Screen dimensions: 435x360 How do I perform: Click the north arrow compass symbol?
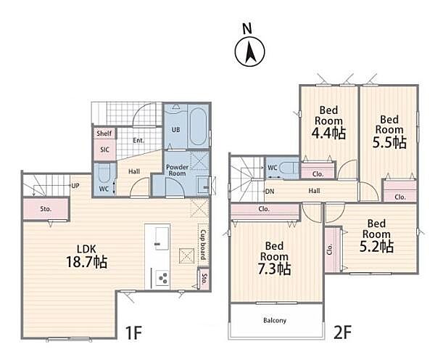tap(249, 52)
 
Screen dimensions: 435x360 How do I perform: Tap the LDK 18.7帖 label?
tap(86, 256)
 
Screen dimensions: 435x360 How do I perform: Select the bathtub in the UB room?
tap(198, 127)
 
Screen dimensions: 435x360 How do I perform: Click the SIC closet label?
tap(104, 150)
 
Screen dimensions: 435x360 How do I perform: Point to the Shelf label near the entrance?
tap(104, 134)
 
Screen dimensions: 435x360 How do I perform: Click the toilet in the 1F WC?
tap(104, 173)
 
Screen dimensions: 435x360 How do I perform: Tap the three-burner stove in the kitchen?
tap(162, 278)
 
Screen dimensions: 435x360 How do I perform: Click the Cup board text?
tap(203, 245)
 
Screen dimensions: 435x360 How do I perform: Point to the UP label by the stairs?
tap(75, 186)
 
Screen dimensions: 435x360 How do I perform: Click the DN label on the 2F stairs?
tap(270, 191)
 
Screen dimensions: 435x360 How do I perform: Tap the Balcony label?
tap(275, 321)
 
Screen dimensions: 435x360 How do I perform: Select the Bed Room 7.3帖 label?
tap(274, 258)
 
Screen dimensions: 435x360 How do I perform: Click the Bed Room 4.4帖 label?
tap(328, 122)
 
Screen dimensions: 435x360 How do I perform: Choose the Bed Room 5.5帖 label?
tap(389, 131)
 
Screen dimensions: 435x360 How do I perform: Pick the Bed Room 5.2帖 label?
tap(376, 236)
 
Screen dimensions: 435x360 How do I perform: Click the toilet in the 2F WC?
tap(289, 168)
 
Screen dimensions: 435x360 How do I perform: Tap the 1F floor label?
tap(133, 332)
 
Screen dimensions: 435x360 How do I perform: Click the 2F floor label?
tap(343, 332)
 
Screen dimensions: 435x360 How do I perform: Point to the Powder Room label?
tap(177, 171)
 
